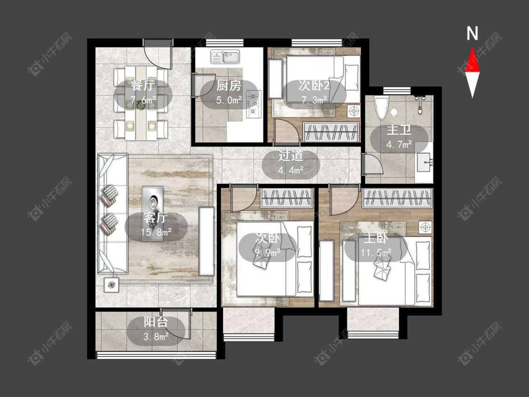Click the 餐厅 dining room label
tap(143, 86)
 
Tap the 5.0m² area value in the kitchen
tap(229, 100)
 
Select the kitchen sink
tap(225, 57)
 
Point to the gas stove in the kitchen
tap(254, 104)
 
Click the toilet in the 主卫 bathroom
tap(382, 108)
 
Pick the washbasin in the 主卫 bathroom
tap(424, 162)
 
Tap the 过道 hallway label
tap(291, 156)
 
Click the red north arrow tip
tap(472, 47)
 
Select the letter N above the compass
tap(472, 33)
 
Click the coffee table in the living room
tap(152, 214)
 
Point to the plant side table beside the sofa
tap(111, 285)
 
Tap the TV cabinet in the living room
tap(206, 241)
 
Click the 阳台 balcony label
tap(156, 322)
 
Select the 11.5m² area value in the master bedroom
tap(376, 252)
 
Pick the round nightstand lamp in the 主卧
tap(426, 227)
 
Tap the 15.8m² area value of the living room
tap(156, 232)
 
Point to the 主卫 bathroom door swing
tap(372, 164)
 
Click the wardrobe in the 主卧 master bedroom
tap(397, 198)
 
